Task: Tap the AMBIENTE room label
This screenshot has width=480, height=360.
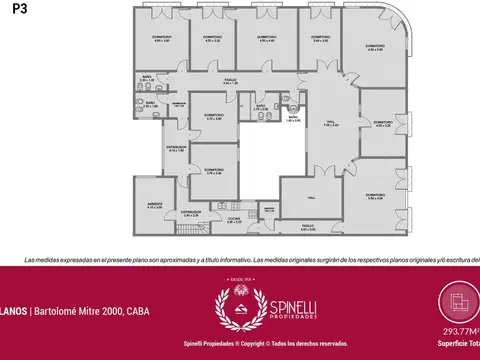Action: click(155, 205)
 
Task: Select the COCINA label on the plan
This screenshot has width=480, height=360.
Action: click(232, 218)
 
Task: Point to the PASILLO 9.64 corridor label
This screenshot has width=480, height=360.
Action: click(229, 81)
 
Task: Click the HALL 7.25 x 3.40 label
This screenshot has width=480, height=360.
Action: click(331, 125)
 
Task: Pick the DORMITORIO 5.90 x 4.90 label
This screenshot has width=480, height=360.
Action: click(375, 196)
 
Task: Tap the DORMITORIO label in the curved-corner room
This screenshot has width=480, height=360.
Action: click(375, 48)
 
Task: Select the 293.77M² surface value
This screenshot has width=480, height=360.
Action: click(457, 333)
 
